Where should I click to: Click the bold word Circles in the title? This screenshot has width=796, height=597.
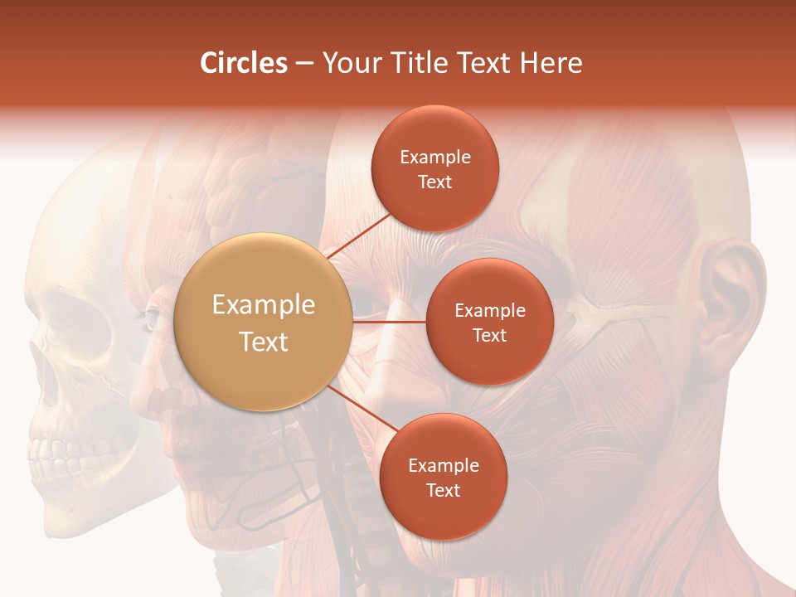click(244, 63)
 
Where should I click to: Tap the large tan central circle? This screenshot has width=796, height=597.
click(264, 322)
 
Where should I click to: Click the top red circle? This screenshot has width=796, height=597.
click(435, 168)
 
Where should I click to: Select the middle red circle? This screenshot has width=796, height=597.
click(489, 322)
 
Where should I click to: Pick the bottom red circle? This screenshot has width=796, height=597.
click(443, 477)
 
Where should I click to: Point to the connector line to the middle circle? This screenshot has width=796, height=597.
click(390, 320)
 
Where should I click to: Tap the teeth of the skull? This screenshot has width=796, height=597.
click(62, 455)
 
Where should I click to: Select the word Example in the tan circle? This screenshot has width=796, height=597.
click(264, 305)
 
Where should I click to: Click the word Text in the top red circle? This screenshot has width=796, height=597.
click(435, 182)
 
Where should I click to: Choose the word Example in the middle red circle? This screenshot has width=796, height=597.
click(490, 311)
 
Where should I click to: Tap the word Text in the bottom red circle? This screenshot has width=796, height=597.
click(443, 490)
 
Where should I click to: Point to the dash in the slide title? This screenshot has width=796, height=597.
click(304, 64)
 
